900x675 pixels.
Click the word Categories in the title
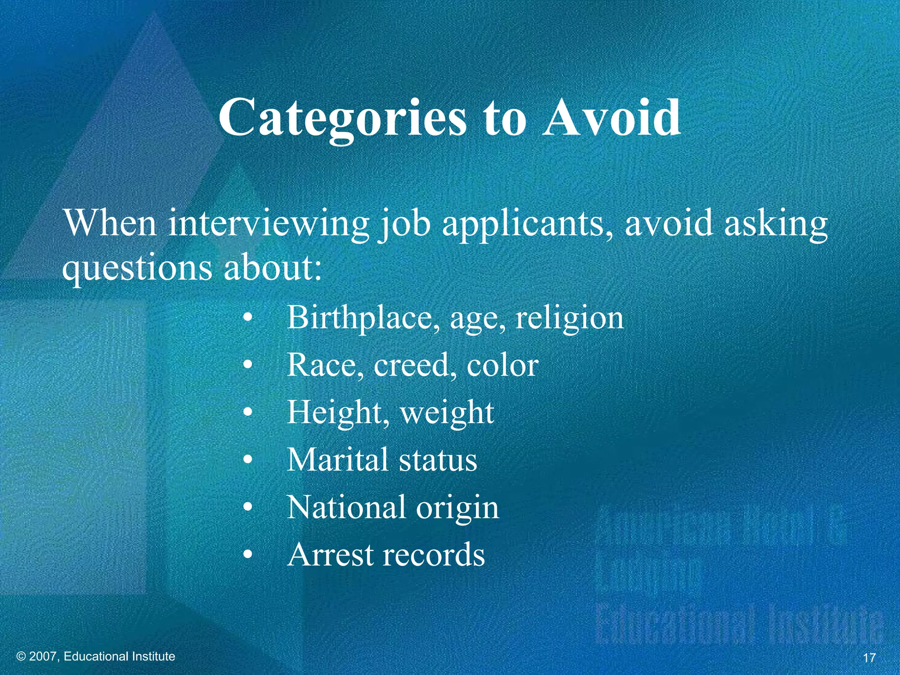[342, 118]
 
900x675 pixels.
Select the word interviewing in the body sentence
[269, 223]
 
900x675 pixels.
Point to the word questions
[136, 268]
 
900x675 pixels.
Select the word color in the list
[502, 365]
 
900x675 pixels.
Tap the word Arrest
[330, 555]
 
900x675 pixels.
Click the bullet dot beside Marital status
[248, 461]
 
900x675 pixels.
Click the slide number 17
[869, 658]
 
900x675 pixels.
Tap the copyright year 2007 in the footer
[44, 657]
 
